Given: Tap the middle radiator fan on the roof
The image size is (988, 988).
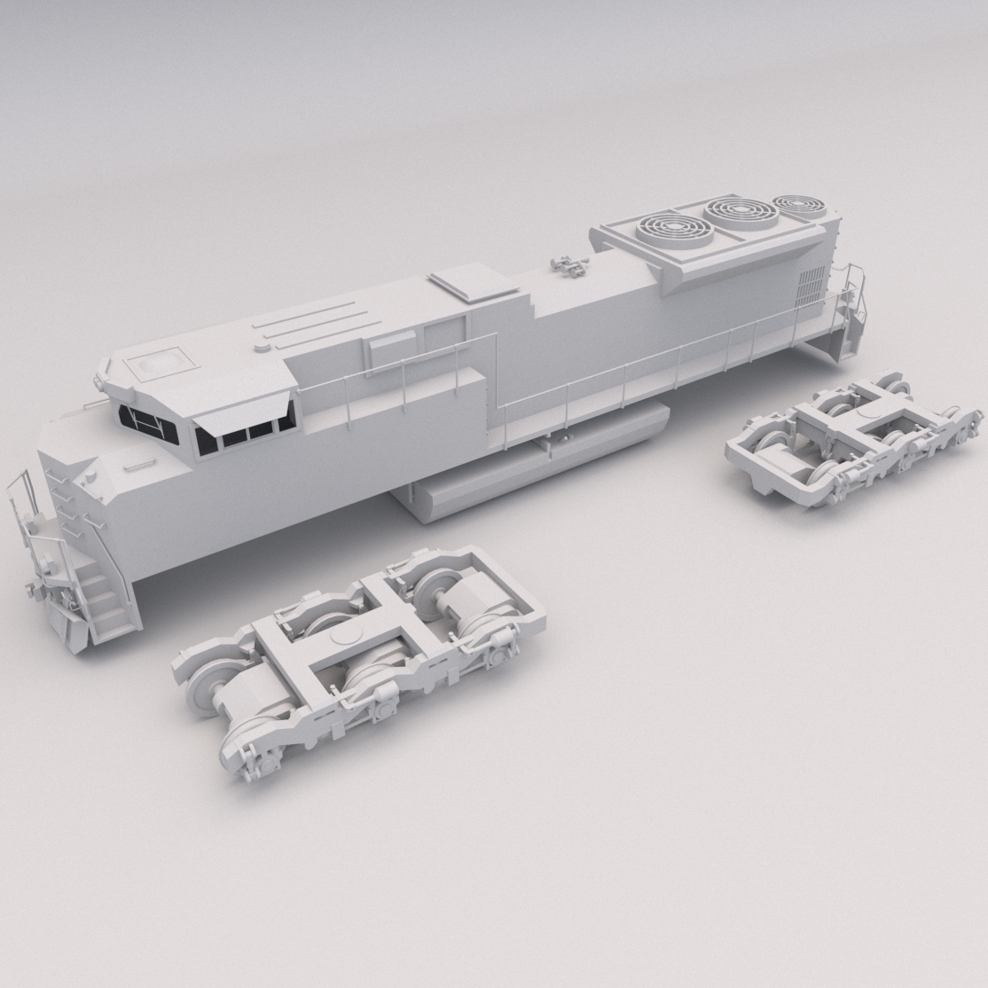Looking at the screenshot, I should [734, 212].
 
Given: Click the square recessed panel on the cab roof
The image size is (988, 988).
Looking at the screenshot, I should [160, 362].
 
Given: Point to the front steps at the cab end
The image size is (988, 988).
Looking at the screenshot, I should [100, 594].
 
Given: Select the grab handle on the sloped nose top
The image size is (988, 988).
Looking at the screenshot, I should [134, 464].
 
